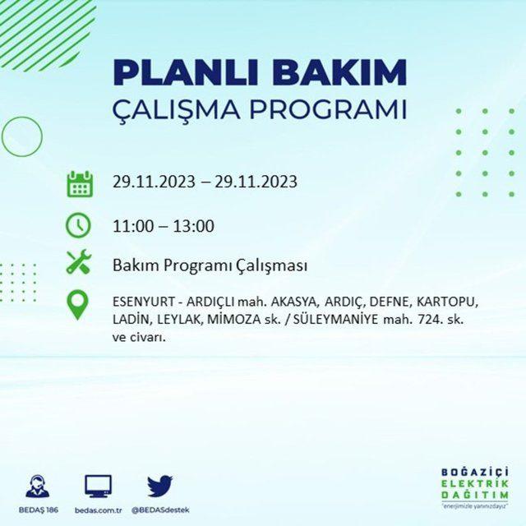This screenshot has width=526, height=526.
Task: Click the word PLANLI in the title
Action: click(186, 73)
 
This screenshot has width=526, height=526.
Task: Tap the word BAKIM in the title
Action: click(339, 73)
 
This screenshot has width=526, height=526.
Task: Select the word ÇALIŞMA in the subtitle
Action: click(176, 108)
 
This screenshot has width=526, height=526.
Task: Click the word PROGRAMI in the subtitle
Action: click(329, 109)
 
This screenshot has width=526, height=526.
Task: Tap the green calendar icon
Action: click(80, 184)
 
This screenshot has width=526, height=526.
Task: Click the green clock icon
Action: click(78, 224)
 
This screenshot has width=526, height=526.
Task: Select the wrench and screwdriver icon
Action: click(79, 261)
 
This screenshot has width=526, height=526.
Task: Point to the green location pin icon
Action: click(77, 305)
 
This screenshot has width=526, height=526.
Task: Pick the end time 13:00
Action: click(194, 226)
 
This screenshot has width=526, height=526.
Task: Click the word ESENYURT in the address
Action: click(143, 302)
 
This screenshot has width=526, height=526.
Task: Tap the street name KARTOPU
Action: click(446, 302)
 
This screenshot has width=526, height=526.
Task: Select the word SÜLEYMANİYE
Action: click(335, 319)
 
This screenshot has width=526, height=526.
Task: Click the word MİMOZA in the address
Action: click(233, 319)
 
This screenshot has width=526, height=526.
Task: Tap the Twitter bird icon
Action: click(160, 486)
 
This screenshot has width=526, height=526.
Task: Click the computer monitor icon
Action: click(98, 486)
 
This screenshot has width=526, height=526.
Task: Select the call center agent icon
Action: click(38, 486)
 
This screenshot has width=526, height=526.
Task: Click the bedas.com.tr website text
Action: click(99, 510)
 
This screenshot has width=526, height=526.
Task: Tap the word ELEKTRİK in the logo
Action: click(475, 484)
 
